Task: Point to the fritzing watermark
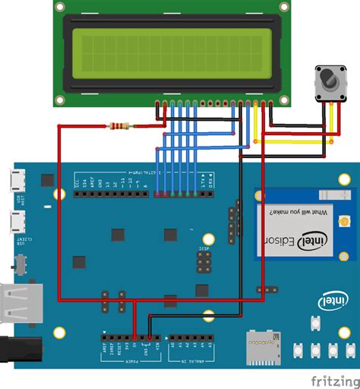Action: (x=333, y=379)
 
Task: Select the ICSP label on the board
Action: (x=204, y=248)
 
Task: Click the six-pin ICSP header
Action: (x=204, y=262)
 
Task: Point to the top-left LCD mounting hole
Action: (x=60, y=7)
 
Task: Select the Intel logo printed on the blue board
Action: (x=333, y=302)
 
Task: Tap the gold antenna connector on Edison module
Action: (x=344, y=223)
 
